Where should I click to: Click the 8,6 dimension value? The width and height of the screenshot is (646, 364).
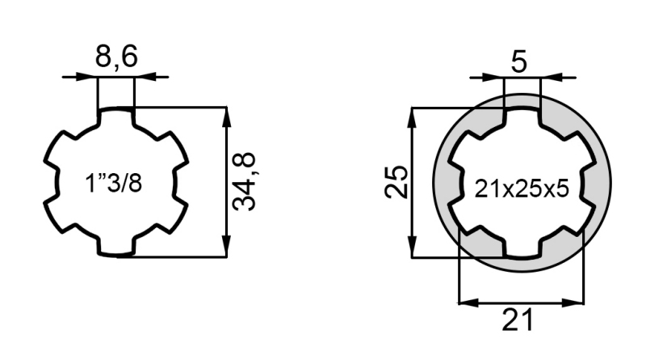[116, 59]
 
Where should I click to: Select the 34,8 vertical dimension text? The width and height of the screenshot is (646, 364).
[245, 182]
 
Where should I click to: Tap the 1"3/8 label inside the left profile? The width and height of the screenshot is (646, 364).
[114, 184]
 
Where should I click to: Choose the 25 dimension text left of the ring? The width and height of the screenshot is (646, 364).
[396, 183]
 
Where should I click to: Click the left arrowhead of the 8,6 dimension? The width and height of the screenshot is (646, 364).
[90, 77]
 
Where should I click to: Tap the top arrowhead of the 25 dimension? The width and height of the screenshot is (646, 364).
[413, 116]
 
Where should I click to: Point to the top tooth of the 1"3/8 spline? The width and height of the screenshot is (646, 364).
[116, 117]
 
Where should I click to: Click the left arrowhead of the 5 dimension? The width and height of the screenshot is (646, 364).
[495, 77]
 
